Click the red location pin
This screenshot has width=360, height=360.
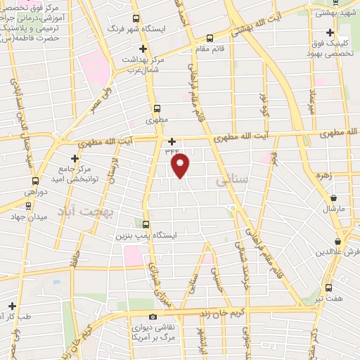(x=181, y=166)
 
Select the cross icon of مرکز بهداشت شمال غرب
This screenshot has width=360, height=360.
(x=143, y=49)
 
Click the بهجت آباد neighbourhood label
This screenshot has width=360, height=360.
(x=96, y=210)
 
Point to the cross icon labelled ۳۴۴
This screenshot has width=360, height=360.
(x=172, y=141)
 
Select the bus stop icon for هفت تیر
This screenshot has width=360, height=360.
(x=329, y=288)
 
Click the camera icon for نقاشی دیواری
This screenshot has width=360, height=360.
(x=153, y=316)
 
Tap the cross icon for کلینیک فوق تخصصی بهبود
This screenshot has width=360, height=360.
(x=330, y=33)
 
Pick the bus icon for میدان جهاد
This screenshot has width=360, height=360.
(x=28, y=206)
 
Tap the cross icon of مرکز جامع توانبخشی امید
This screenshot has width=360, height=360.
(x=75, y=158)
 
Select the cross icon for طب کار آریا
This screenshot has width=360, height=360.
(x=12, y=306)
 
